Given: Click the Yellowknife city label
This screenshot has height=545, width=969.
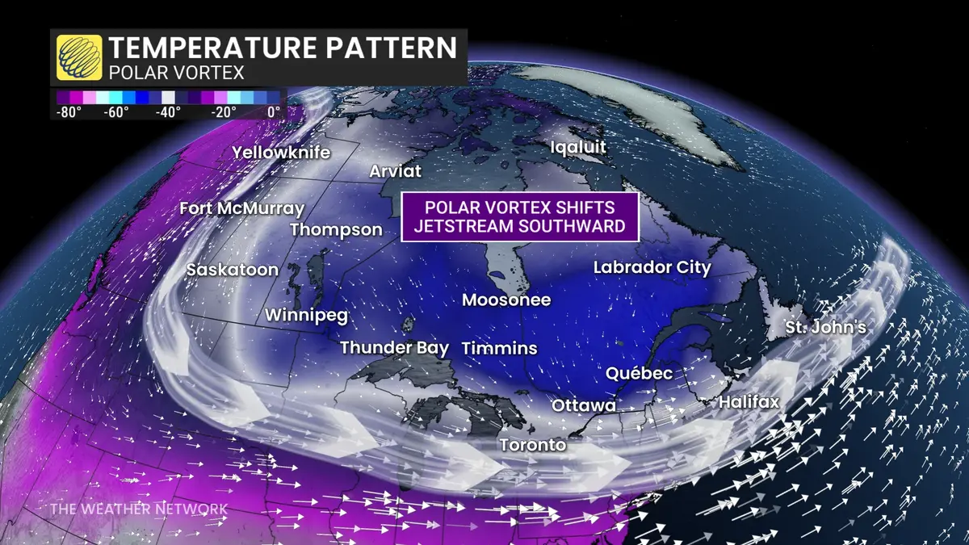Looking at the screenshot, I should [281, 152].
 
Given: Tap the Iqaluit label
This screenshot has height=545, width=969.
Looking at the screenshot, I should [577, 147].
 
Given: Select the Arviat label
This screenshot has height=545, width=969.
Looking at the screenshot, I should [395, 171].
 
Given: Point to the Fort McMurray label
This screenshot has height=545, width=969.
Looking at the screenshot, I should [241, 208].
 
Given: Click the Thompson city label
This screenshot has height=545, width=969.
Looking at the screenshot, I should [336, 229].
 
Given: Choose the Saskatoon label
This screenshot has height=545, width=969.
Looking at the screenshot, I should [232, 270].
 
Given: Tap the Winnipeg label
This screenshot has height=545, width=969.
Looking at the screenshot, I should [306, 316].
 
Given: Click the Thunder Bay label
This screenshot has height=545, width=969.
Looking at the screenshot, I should [394, 348].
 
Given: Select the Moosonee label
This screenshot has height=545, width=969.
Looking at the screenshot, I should [506, 300].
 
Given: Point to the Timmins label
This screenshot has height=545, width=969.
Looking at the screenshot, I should [499, 348].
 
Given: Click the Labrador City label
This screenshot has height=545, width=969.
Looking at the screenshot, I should [652, 267].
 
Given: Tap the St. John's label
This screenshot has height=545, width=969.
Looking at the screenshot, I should [826, 328].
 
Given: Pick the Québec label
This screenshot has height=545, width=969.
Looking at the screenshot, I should [639, 373].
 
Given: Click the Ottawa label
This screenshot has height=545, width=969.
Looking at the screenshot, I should [584, 405].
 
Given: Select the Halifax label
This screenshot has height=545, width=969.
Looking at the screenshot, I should [749, 401].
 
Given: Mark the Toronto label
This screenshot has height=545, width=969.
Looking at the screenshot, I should [532, 445].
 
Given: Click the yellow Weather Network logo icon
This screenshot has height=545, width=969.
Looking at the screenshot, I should [79, 57].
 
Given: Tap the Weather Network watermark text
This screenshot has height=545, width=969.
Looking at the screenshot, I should [138, 509].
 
